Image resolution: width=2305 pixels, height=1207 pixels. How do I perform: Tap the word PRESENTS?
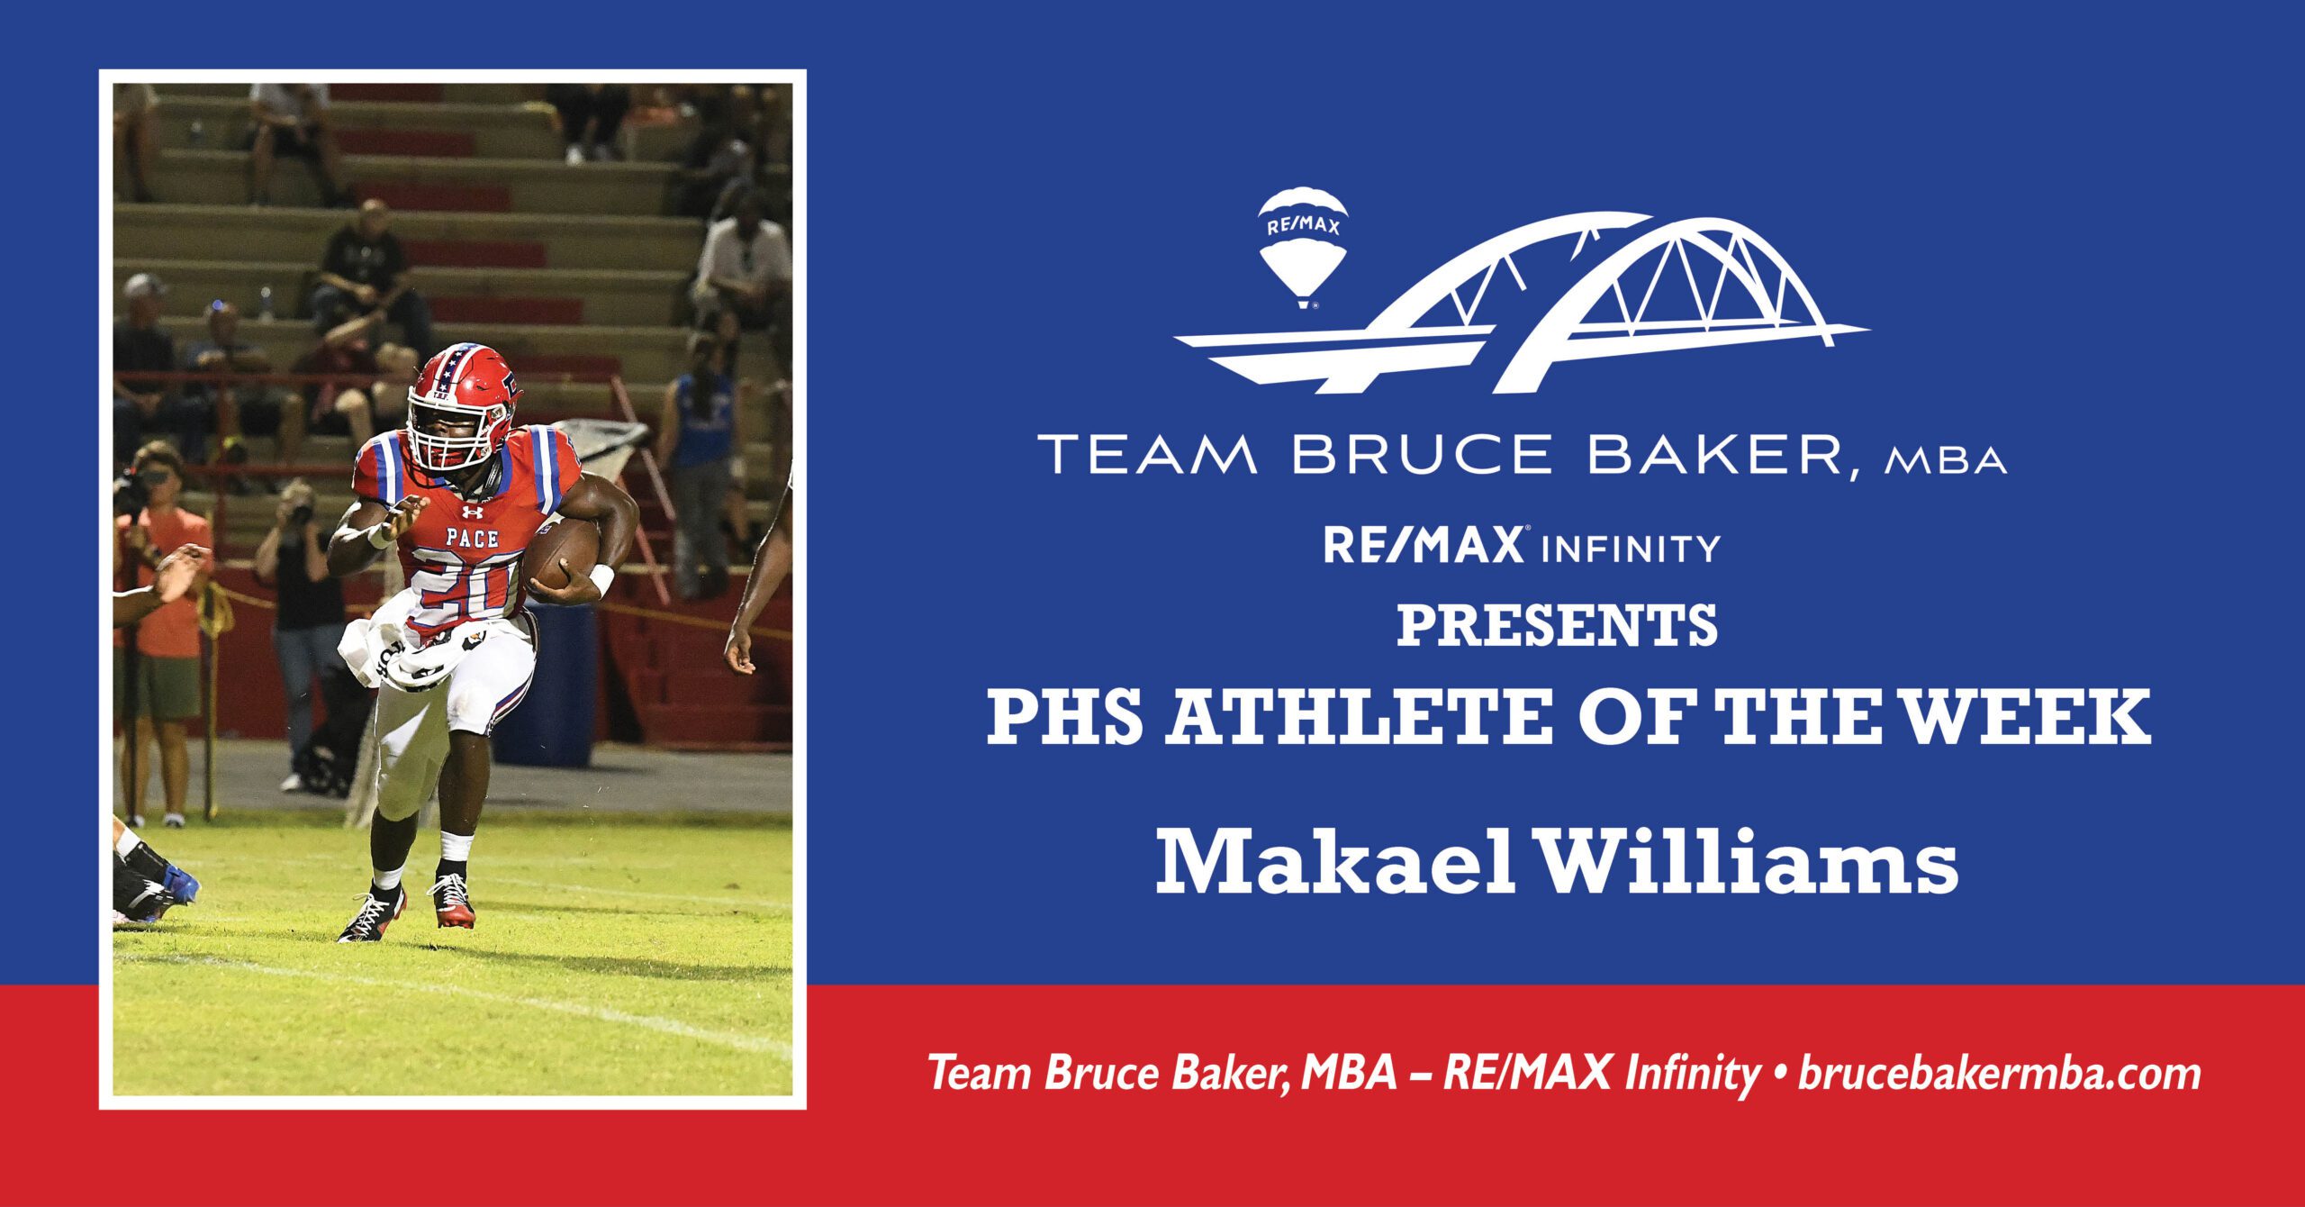pyautogui.click(x=1557, y=627)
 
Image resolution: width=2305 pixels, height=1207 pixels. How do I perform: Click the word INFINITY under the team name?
pyautogui.click(x=1632, y=548)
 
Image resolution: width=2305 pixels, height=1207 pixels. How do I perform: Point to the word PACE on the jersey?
pyautogui.click(x=472, y=539)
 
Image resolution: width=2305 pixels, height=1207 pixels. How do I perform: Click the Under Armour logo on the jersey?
pyautogui.click(x=471, y=513)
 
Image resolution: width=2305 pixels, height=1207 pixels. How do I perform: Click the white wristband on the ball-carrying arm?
pyautogui.click(x=601, y=579)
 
